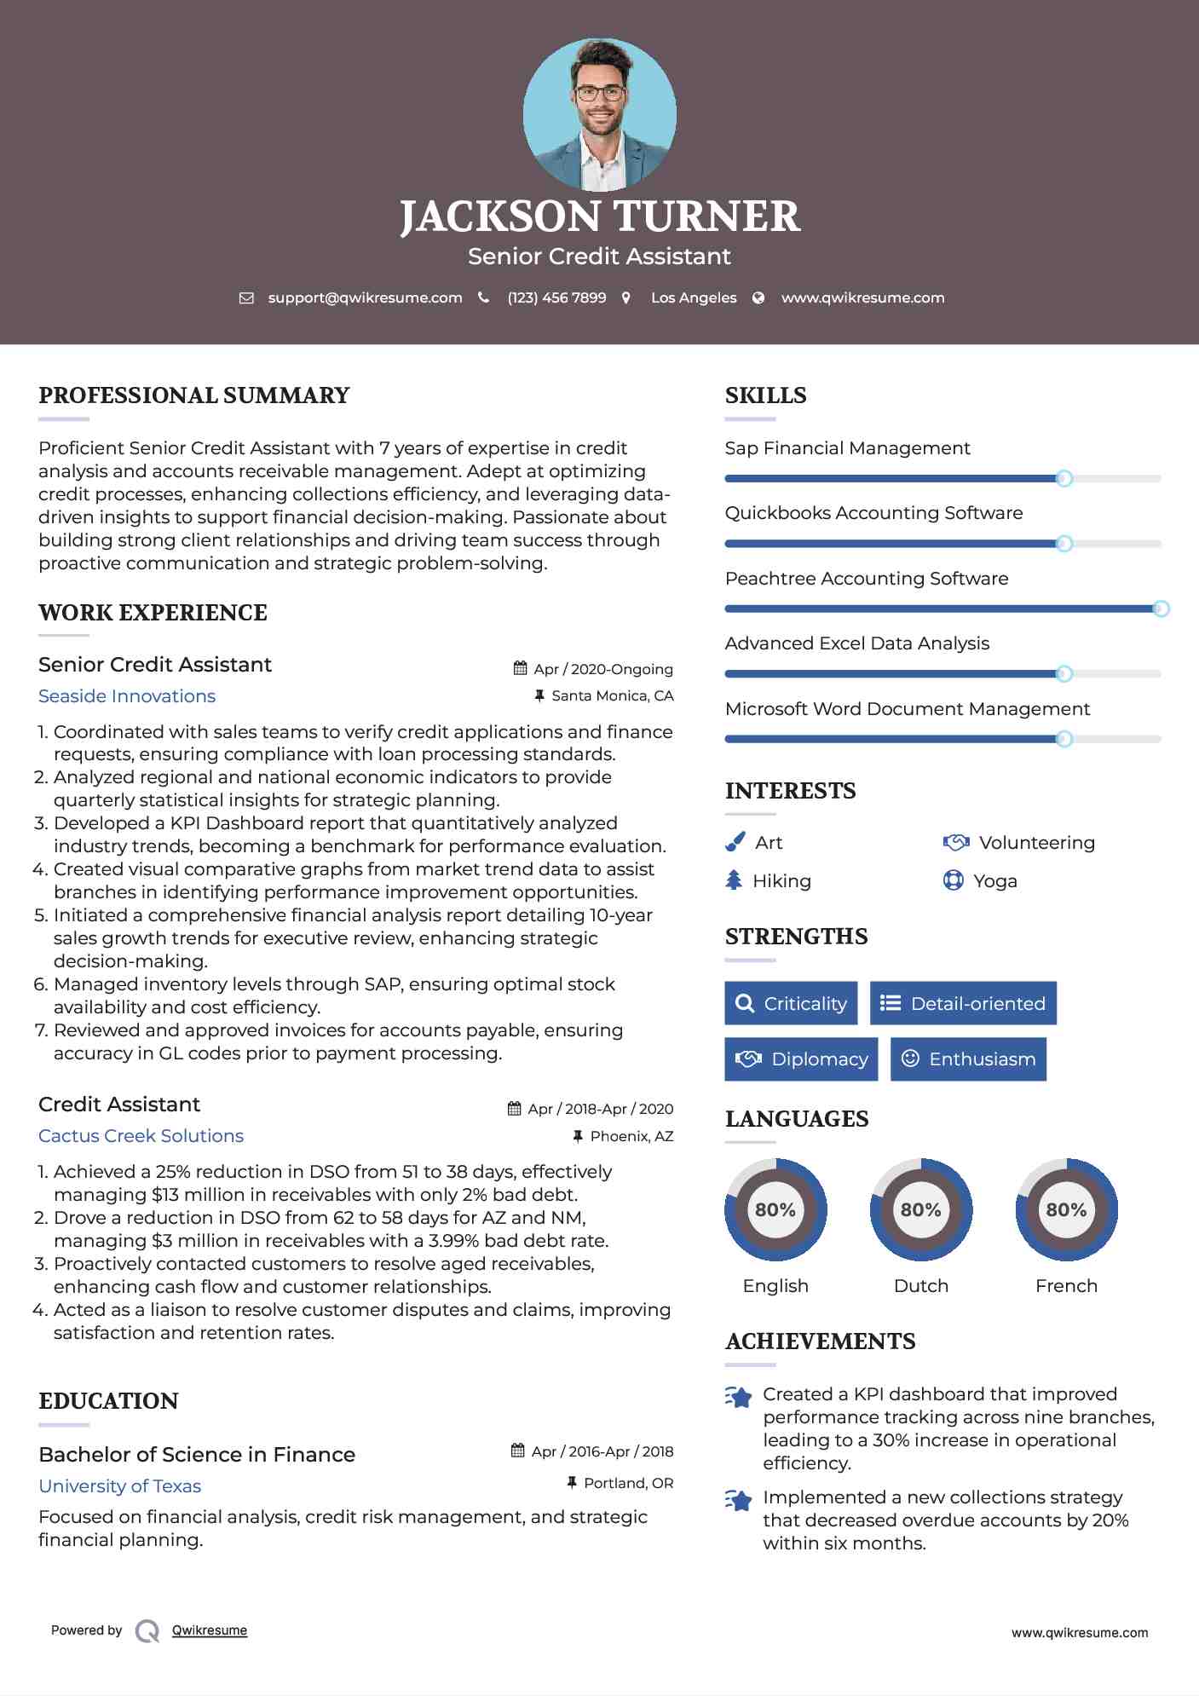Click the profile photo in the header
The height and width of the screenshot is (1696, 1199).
[599, 114]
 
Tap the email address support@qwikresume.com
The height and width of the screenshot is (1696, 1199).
[365, 297]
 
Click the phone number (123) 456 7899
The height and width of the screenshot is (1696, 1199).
[556, 297]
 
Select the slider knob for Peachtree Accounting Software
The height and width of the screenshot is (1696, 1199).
[1161, 609]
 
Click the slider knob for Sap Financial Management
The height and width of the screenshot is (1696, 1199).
[1064, 479]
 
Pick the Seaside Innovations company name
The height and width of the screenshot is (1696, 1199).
[127, 696]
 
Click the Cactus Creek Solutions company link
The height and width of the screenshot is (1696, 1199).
[141, 1136]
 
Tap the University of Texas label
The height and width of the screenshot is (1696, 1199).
[119, 1486]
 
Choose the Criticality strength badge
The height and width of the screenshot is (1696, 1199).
[791, 1003]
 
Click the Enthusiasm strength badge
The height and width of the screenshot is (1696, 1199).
[968, 1059]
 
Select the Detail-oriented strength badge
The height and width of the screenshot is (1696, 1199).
[963, 1003]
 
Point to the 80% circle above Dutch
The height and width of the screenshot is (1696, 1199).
[920, 1209]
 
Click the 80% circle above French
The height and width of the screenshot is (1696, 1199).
[1066, 1209]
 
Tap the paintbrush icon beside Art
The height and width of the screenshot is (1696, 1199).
[735, 842]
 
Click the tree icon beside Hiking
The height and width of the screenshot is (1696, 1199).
[734, 880]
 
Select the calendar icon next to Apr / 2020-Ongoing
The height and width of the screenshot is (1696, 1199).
[520, 668]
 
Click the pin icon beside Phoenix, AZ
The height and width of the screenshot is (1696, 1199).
[578, 1136]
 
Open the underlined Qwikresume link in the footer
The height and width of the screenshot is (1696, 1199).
[210, 1630]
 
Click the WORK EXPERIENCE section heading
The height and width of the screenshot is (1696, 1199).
[153, 613]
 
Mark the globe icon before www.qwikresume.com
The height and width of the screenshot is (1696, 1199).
[758, 297]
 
